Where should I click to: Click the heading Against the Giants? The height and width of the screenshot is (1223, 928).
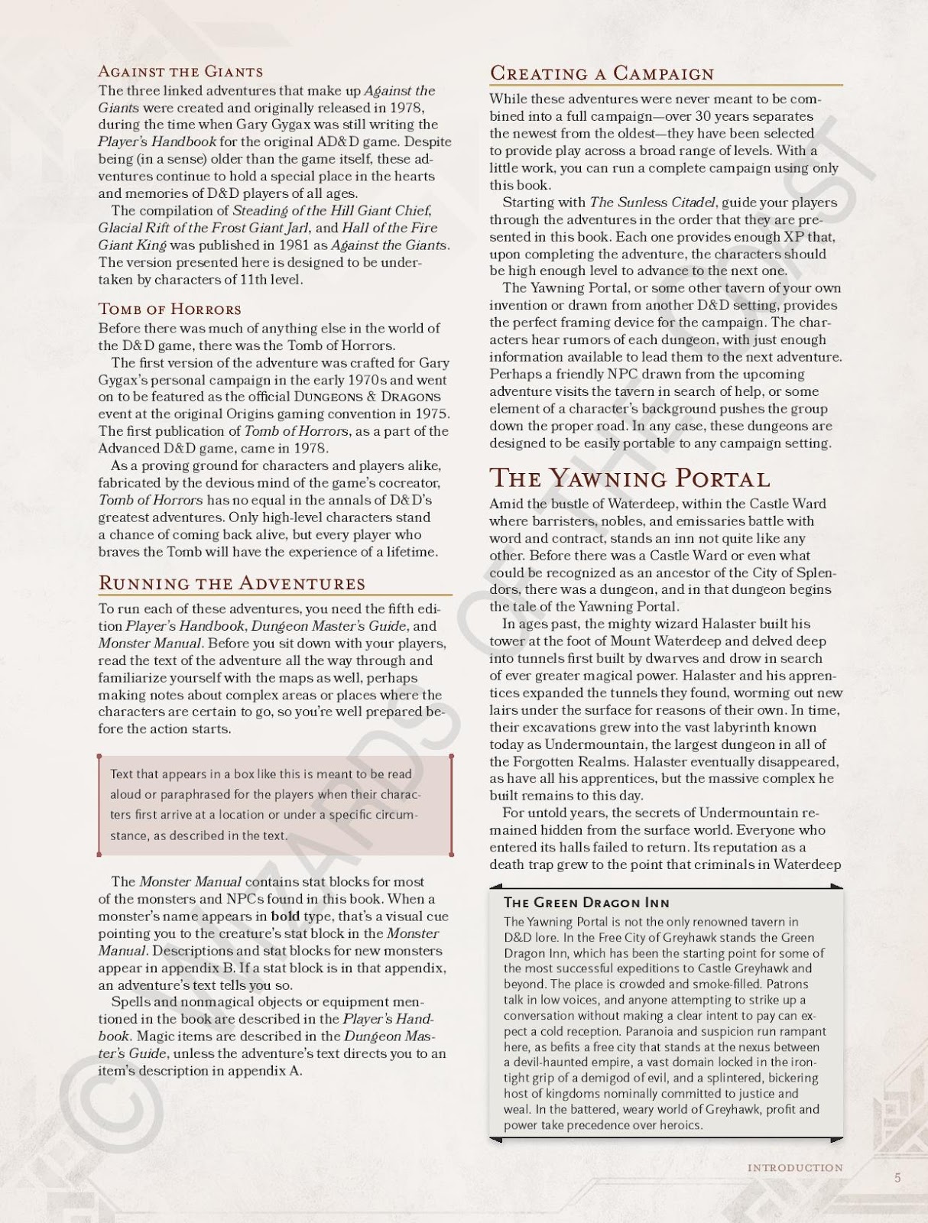[180, 72]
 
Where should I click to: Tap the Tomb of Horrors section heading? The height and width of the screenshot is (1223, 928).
[170, 310]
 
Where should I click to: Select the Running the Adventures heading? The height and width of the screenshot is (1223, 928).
[232, 583]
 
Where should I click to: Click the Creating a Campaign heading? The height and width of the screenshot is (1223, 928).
[602, 73]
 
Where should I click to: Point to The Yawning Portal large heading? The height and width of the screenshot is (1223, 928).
[629, 478]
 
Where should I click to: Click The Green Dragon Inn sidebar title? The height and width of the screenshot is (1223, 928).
[586, 903]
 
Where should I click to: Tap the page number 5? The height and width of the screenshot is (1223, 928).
[897, 1178]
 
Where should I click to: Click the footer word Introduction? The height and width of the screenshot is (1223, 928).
[795, 1168]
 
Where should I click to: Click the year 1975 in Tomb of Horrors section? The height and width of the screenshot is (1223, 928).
[433, 414]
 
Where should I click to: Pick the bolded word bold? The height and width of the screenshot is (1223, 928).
[285, 916]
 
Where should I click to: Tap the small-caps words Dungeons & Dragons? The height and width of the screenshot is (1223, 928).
[367, 397]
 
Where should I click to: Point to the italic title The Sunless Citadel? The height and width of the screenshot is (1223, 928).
[652, 203]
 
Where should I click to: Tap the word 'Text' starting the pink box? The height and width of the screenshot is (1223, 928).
[122, 774]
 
